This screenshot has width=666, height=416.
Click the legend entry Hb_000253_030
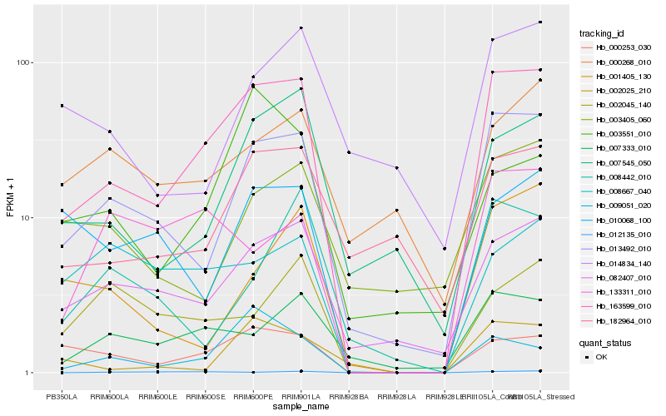[x=623, y=47]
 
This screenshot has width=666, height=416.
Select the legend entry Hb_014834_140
[x=623, y=263]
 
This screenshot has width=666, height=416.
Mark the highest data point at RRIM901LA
[x=301, y=28]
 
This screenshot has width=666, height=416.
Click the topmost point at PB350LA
[x=62, y=106]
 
